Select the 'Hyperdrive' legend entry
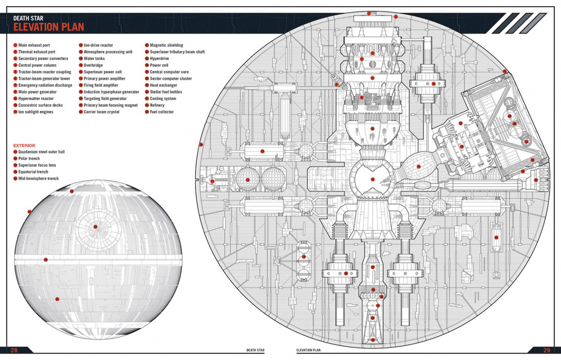159,59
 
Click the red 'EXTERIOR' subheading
25,146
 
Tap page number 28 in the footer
14,351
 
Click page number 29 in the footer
546,351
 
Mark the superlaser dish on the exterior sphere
96,227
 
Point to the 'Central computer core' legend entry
169,72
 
